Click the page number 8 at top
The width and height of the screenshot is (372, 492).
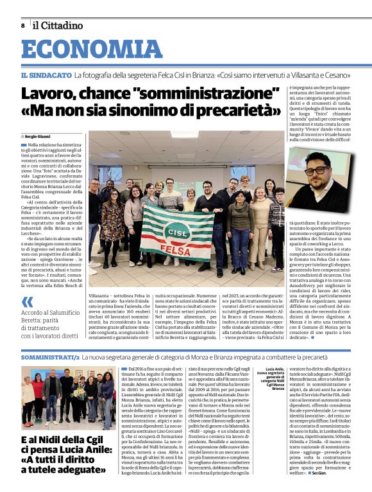coord(22,26)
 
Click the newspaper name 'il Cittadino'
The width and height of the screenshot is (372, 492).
coord(58,26)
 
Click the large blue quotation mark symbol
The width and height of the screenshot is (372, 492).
coord(27,301)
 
